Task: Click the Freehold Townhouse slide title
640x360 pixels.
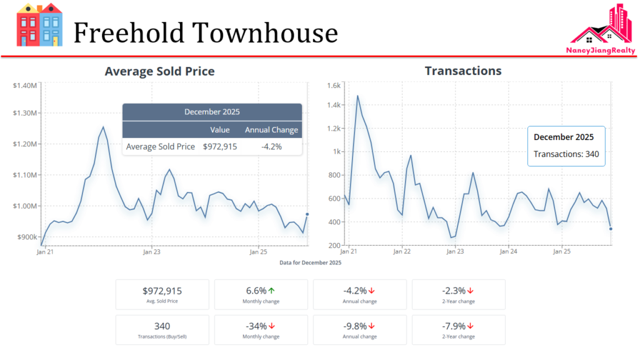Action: pos(206,32)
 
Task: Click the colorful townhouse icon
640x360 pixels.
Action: pos(39,25)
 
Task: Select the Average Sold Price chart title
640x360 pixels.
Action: pos(159,71)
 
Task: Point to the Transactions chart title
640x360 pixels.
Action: pos(463,71)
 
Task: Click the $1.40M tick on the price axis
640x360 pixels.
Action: pos(26,85)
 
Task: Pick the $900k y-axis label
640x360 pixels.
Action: pos(27,237)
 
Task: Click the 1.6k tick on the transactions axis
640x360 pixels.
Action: pos(334,86)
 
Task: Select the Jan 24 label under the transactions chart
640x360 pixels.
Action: pos(509,252)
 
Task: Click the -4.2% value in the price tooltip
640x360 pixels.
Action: pos(271,147)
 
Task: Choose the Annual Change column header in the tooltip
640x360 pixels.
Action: pos(271,130)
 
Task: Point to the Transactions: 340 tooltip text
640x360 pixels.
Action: pos(566,154)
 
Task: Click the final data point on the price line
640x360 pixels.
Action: pos(307,214)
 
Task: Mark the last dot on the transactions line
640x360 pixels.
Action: pos(611,229)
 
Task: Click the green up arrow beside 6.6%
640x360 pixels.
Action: pos(272,291)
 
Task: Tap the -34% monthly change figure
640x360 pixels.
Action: pos(256,326)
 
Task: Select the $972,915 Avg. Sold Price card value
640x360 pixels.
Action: pos(162,291)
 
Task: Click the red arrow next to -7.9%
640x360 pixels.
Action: pos(470,326)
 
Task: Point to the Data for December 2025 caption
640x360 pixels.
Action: pos(311,262)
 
